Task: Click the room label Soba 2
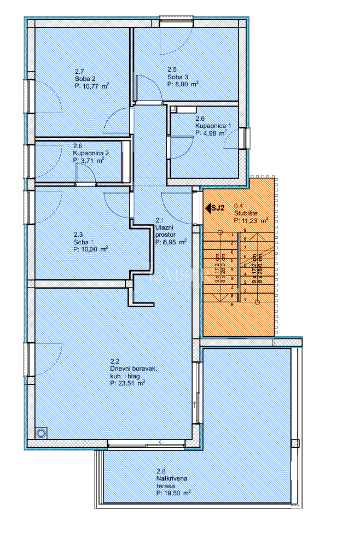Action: pyautogui.click(x=85, y=78)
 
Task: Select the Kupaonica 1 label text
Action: pyautogui.click(x=213, y=126)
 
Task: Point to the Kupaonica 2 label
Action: pyautogui.click(x=91, y=153)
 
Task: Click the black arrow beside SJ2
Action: pyautogui.click(x=208, y=208)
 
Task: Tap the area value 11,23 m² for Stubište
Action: pyautogui.click(x=251, y=220)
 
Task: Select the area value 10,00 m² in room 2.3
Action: pyautogui.click(x=91, y=249)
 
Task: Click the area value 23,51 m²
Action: pyautogui.click(x=127, y=383)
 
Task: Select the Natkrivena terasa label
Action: pyautogui.click(x=172, y=482)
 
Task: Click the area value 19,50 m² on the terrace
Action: pyautogui.click(x=173, y=493)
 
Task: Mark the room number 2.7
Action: pyautogui.click(x=79, y=71)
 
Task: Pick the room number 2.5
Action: pyautogui.click(x=172, y=69)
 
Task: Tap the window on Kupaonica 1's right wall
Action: pyautogui.click(x=248, y=138)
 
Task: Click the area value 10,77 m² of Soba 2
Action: pyautogui.click(x=91, y=85)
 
